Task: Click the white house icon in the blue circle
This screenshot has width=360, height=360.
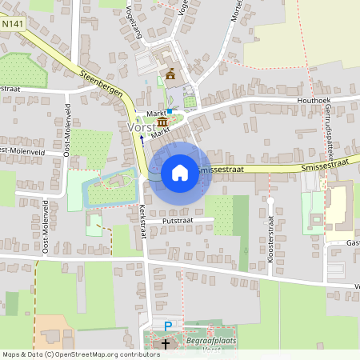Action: tap(180, 172)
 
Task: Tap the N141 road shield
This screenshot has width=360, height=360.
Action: tap(12, 25)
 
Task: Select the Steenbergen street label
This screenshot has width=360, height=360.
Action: tap(102, 85)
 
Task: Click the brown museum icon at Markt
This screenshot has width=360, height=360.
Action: tap(162, 122)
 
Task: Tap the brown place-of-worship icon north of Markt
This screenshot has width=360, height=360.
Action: tap(170, 74)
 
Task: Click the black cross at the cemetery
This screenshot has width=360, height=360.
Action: tap(166, 345)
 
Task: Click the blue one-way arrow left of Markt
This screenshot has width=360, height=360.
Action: tap(142, 138)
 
